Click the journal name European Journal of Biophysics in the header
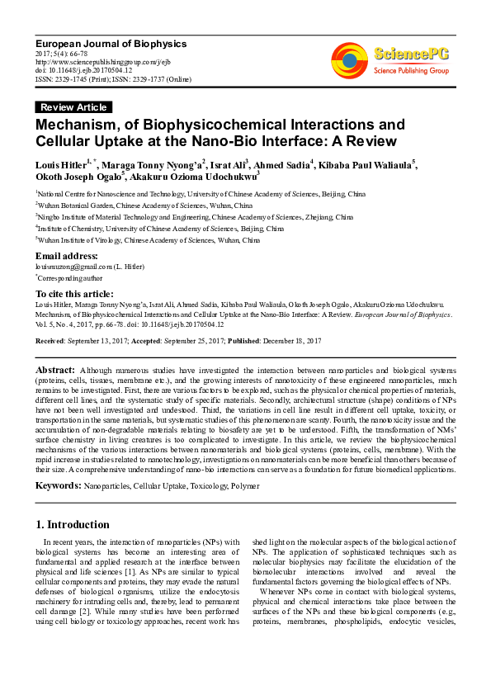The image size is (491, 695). point(111,43)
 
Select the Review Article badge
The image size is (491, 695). point(73,107)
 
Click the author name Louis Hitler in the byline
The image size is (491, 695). point(63,165)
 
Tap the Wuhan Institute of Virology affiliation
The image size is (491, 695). point(149,240)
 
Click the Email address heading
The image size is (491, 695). point(67,256)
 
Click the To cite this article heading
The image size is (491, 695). point(74,294)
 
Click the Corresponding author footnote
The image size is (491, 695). point(64,279)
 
